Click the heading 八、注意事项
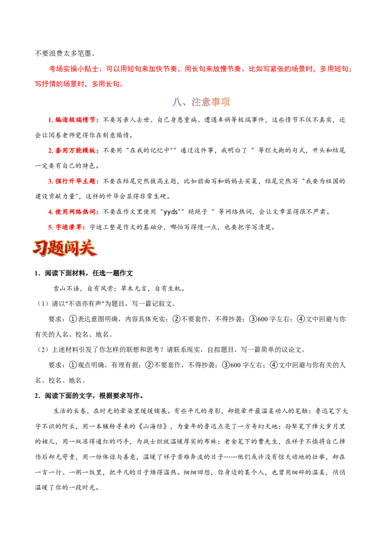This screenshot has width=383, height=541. (x=201, y=102)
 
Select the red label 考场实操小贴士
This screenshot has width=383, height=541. (x=74, y=69)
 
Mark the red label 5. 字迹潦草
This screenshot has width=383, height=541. (x=65, y=227)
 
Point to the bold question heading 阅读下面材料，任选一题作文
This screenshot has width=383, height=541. (x=89, y=273)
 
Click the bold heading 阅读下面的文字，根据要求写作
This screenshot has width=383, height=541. (x=92, y=395)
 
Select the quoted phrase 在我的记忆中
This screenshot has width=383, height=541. (x=149, y=151)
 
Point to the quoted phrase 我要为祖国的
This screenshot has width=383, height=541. (x=325, y=181)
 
